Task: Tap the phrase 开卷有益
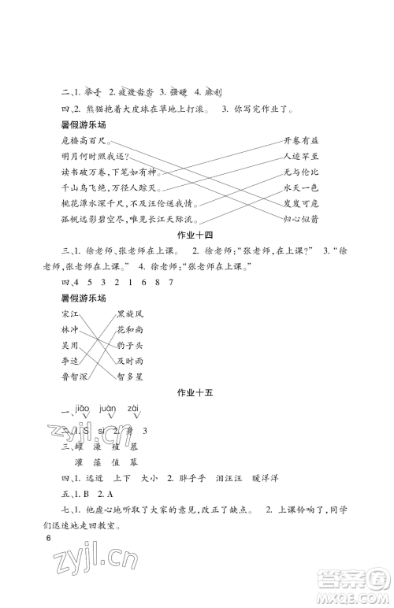point(301,140)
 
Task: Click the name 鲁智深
point(65,376)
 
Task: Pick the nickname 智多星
point(130,376)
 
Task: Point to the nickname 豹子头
point(130,345)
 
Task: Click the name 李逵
point(60,361)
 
